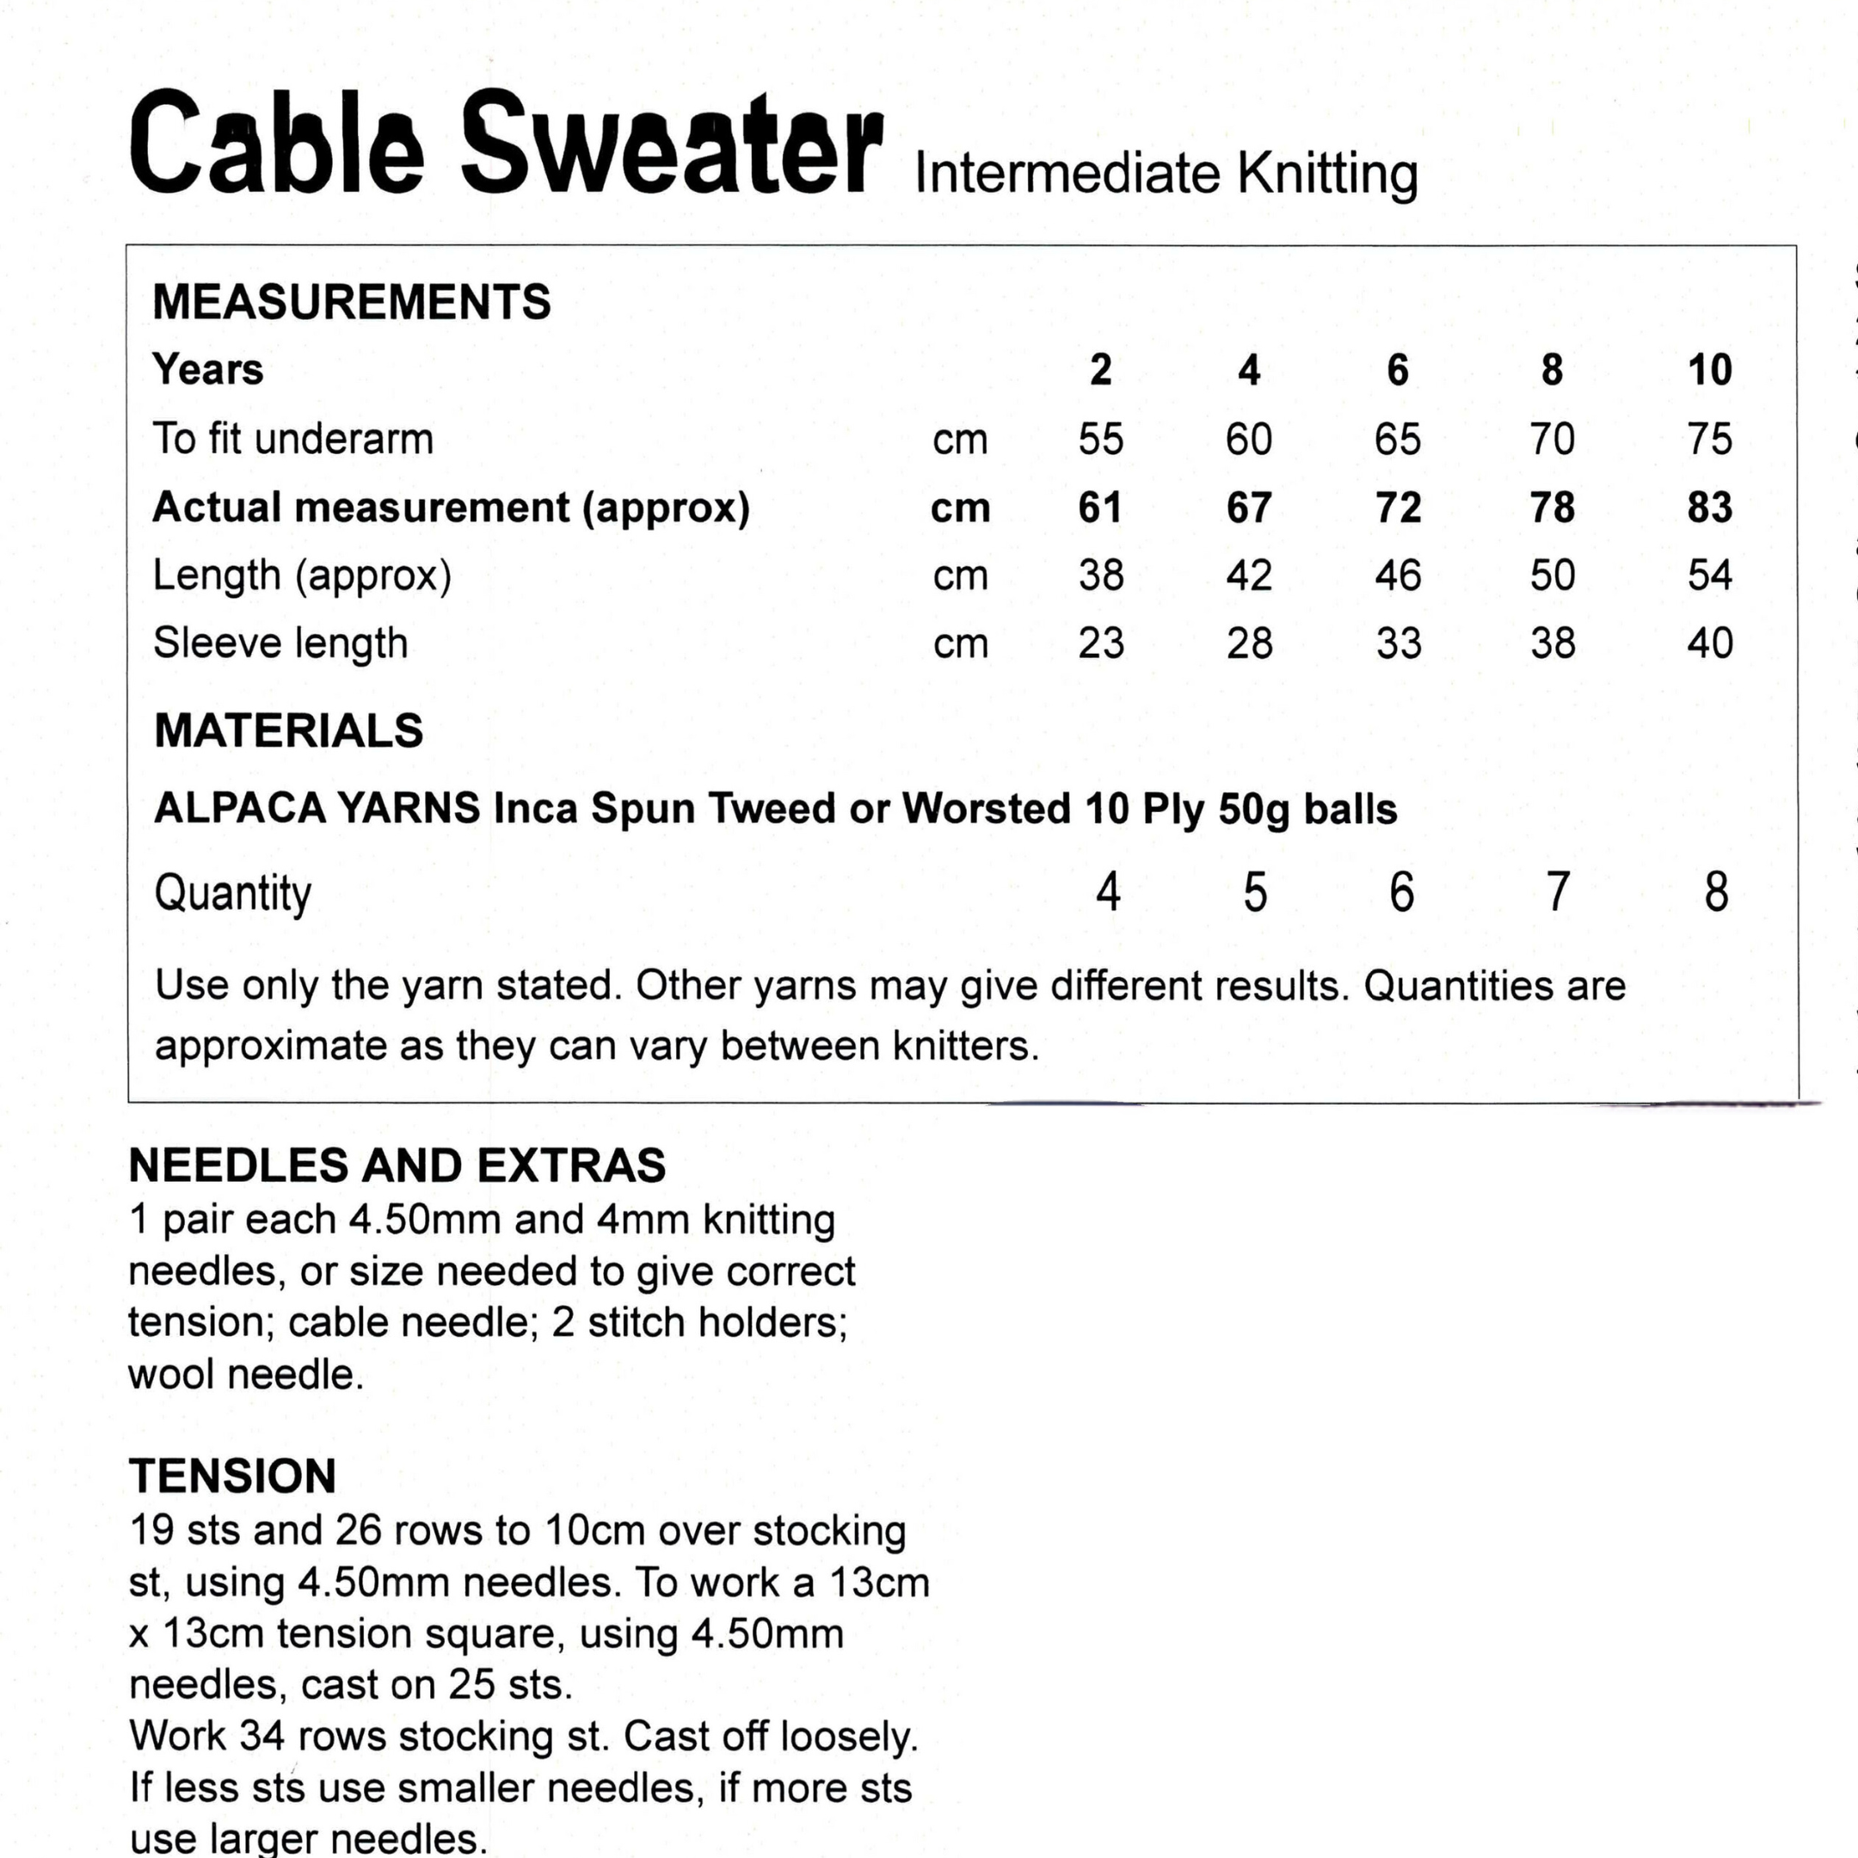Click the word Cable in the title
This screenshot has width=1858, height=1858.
(276, 145)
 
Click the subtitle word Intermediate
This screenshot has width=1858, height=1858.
(1067, 174)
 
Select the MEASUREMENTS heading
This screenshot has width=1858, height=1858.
(352, 302)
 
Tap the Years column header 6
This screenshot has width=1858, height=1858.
(1397, 370)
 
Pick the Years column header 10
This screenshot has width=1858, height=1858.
(1709, 370)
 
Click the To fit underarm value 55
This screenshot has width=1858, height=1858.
(1100, 440)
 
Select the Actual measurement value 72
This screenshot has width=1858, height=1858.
(1397, 508)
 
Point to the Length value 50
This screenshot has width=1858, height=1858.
(1552, 575)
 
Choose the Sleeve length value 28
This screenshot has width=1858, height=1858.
(1249, 643)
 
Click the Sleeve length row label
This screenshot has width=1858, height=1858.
(280, 643)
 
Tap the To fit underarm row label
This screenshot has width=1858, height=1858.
(293, 440)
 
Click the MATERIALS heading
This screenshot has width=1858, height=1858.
(288, 731)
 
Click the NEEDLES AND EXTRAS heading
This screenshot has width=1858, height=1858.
(397, 1166)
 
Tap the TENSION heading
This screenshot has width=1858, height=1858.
(233, 1476)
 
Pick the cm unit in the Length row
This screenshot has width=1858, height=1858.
(960, 575)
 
